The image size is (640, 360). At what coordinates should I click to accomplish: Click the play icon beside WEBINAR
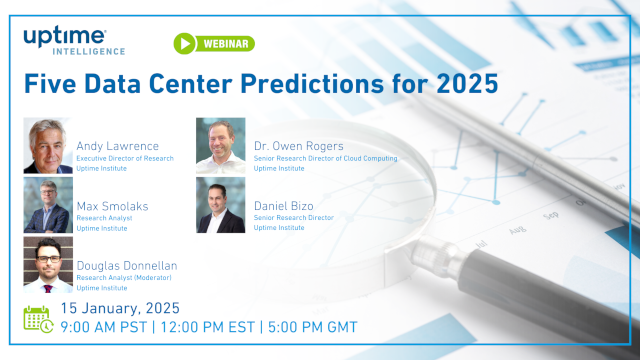pos(185,44)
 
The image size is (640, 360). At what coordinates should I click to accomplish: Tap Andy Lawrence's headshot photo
pos(47,147)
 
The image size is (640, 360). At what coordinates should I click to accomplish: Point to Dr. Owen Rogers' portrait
pos(220,147)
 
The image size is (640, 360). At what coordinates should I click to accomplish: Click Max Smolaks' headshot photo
pos(47,205)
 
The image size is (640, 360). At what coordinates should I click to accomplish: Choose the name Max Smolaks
pos(112,205)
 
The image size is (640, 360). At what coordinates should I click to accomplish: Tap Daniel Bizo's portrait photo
pos(220,205)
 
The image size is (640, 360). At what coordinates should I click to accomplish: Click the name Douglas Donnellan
pos(128,265)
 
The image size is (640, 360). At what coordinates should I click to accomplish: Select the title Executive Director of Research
pos(125,158)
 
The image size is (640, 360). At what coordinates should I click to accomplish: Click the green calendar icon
pos(37,317)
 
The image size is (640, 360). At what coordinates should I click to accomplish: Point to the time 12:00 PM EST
pos(209,327)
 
